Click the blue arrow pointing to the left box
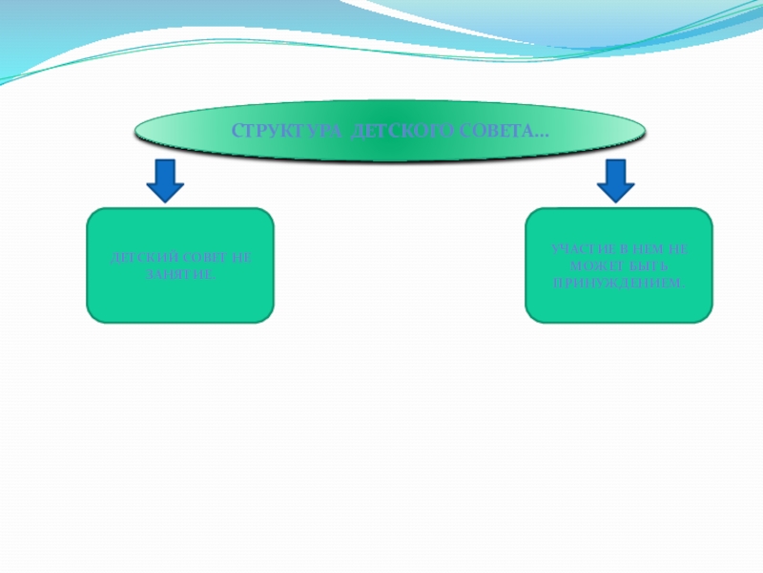tap(165, 180)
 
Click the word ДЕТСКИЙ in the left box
tap(137, 259)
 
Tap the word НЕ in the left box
tap(241, 259)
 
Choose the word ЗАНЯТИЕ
tap(178, 275)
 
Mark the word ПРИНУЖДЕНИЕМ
tap(617, 284)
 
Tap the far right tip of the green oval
tap(646, 132)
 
